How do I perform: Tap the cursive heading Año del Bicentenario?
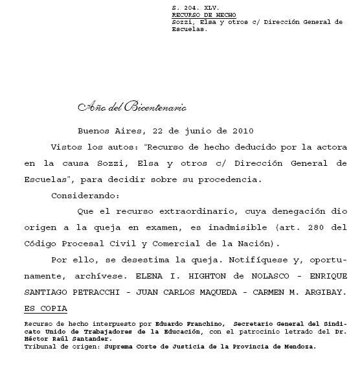click(132, 107)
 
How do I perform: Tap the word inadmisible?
click(224, 227)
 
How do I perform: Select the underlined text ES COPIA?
click(45, 308)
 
